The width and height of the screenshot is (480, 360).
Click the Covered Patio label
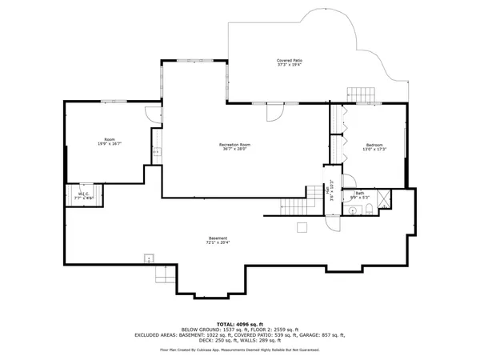point(290,60)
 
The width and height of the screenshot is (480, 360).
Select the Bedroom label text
point(374,146)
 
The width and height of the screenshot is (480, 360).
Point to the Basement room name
point(218,238)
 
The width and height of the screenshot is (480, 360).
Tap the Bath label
point(360,192)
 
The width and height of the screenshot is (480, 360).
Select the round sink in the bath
point(354,210)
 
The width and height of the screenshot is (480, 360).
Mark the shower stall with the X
point(383,197)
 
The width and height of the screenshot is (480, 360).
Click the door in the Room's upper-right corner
point(150,115)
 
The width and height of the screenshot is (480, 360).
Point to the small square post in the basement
point(302,228)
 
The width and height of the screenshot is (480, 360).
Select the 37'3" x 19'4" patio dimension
point(290,65)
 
